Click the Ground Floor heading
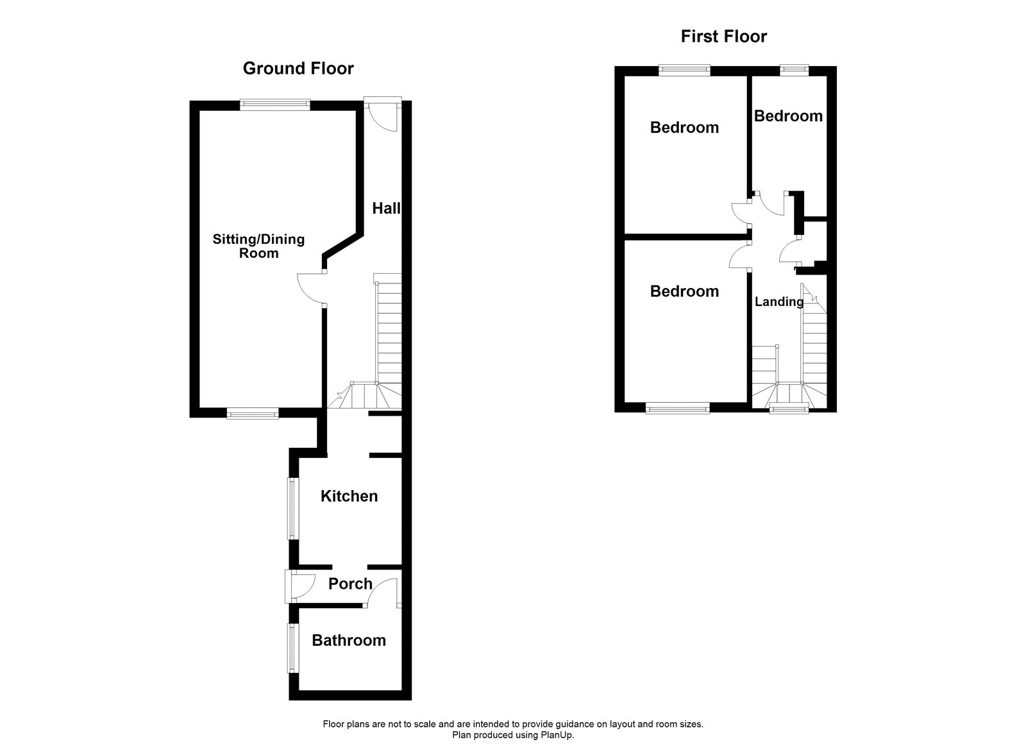(x=298, y=68)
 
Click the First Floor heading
(x=723, y=36)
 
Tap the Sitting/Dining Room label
(x=258, y=246)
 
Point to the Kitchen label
(x=349, y=496)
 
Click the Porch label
(x=349, y=584)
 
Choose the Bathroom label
(x=348, y=640)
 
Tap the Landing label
(x=778, y=301)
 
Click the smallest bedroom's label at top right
(x=787, y=116)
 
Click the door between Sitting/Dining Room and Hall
(x=312, y=288)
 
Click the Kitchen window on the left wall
(x=292, y=509)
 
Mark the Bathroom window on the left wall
(x=292, y=649)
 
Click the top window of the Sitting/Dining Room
(x=275, y=103)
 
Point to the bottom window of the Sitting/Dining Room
(x=253, y=414)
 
